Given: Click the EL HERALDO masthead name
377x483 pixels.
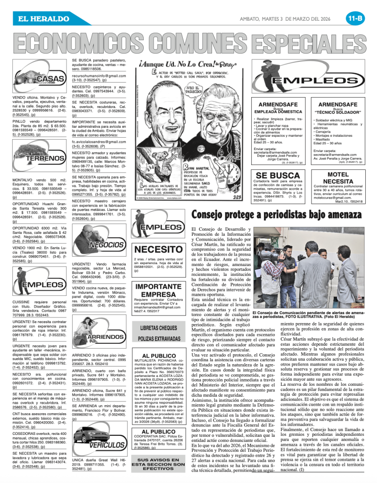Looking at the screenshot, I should (x=42, y=19).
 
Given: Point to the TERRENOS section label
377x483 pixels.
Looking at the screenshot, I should (x=45, y=158).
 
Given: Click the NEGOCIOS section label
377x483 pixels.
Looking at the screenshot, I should (x=107, y=245).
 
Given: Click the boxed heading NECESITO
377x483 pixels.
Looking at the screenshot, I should (x=159, y=250).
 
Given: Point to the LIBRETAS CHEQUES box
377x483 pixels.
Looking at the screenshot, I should (x=159, y=333).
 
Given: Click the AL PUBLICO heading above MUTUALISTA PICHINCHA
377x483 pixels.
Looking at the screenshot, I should (x=159, y=355).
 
